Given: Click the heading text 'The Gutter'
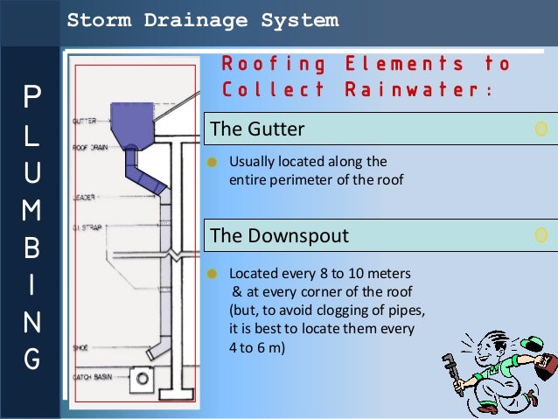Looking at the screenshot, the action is [257, 129].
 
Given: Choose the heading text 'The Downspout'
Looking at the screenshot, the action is [279, 235].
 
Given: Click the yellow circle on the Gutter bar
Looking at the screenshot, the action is [541, 129].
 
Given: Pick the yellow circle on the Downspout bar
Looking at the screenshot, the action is [541, 234].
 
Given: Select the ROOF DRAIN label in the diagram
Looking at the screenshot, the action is [90, 149].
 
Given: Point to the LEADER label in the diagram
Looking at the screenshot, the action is [84, 197].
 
